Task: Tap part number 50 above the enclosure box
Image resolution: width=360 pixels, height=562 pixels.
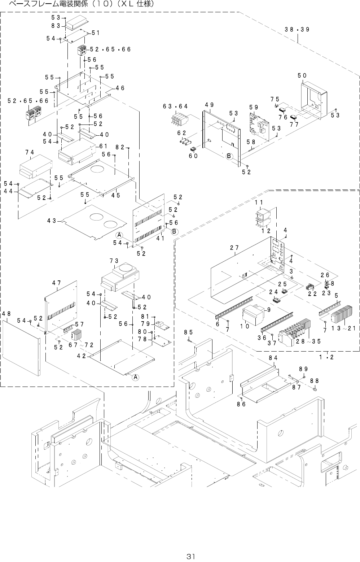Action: [302, 75]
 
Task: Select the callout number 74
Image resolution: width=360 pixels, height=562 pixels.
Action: [30, 152]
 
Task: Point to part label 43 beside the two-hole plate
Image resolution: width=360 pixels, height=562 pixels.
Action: [51, 220]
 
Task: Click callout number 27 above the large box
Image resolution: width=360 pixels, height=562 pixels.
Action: [234, 248]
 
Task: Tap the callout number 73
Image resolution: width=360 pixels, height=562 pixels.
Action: [114, 260]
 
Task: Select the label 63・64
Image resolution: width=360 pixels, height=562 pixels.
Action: [175, 106]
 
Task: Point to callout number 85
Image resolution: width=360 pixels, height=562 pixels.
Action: [188, 332]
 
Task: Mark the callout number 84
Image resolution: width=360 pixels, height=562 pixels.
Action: [273, 358]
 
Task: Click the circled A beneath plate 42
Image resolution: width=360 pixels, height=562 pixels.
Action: [135, 377]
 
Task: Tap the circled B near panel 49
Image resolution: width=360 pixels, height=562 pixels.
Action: [228, 156]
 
